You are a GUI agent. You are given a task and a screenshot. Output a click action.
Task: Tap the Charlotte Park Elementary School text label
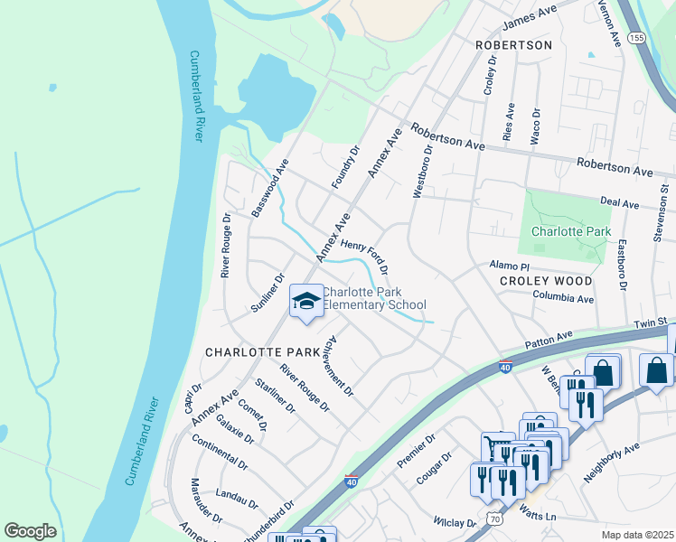coord(374,299)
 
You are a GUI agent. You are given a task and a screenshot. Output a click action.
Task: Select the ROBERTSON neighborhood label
coord(513,44)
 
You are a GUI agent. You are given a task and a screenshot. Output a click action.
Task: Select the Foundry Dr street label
coord(345,167)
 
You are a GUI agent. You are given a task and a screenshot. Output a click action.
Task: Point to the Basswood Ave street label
coord(270,188)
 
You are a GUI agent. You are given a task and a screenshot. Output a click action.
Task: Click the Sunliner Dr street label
coord(268,292)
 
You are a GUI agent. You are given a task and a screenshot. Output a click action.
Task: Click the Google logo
coord(30,530)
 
